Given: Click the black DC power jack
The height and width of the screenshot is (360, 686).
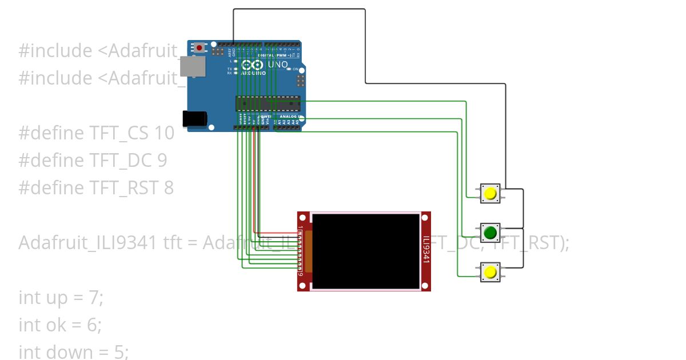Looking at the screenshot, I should (x=194, y=118).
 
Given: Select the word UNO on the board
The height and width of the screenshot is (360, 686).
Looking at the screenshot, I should (x=278, y=65).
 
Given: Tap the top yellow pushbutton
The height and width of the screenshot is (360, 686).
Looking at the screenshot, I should (x=490, y=194).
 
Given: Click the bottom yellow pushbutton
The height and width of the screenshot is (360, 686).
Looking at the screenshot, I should (x=490, y=272).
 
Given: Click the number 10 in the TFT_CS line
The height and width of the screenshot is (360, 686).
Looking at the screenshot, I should (x=164, y=133).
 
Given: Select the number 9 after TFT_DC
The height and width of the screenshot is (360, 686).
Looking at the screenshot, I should (x=162, y=161).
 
